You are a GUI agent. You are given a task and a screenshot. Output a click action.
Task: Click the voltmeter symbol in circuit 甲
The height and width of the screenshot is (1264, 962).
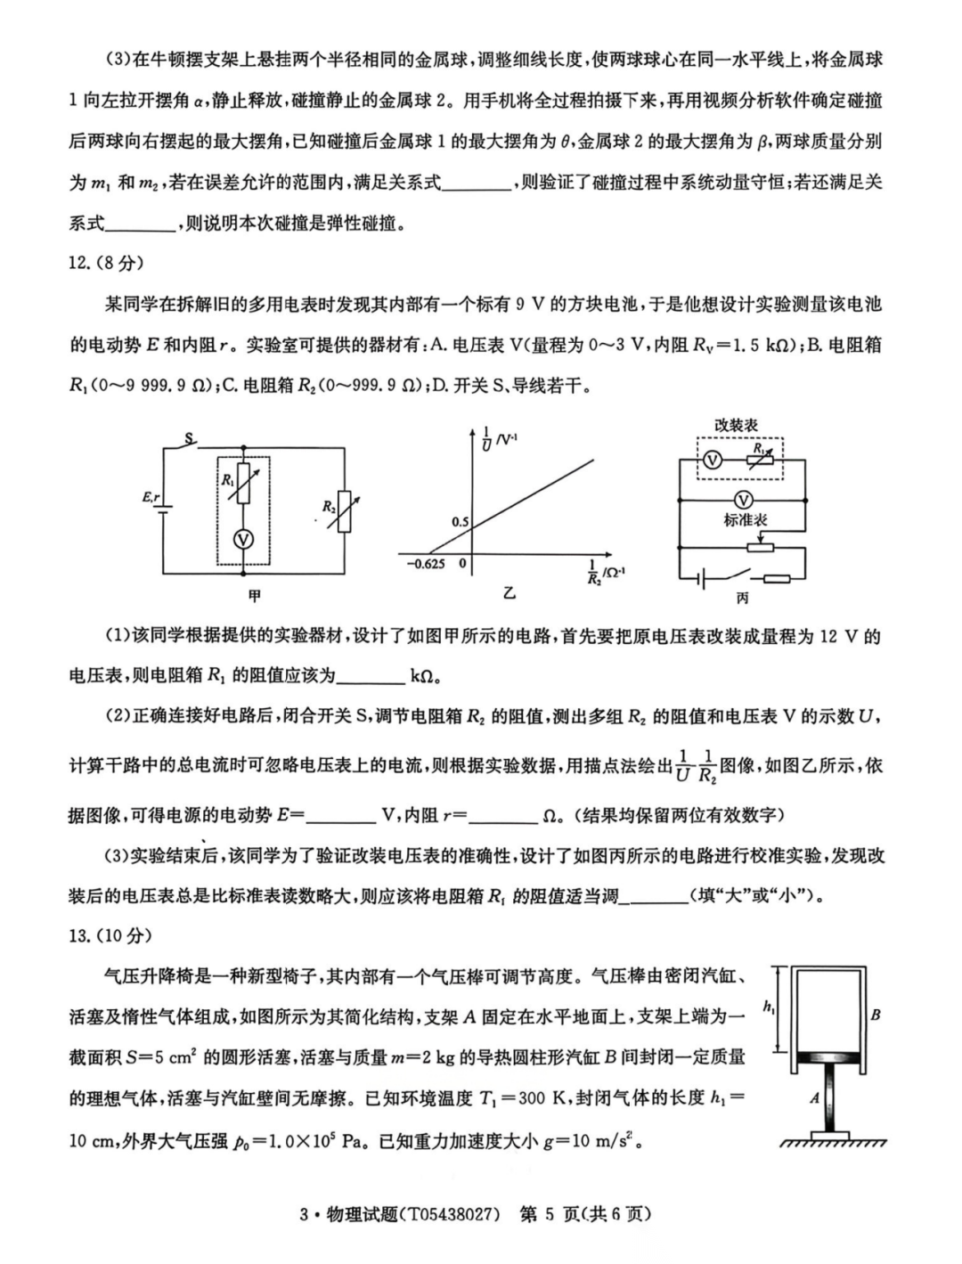click(x=238, y=539)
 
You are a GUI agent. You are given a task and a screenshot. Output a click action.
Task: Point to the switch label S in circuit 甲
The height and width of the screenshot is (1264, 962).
click(x=188, y=438)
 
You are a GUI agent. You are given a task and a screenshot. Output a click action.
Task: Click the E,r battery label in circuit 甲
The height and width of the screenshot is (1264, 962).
click(x=149, y=499)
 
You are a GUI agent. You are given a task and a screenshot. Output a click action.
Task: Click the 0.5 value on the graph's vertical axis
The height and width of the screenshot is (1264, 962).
click(x=459, y=522)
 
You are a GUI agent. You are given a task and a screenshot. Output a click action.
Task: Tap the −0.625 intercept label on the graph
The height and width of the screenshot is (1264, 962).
click(x=427, y=565)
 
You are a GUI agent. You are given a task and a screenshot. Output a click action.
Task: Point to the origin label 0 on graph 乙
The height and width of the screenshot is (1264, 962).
click(x=462, y=565)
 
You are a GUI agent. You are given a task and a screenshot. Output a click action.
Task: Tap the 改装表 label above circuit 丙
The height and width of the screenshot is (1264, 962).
click(x=736, y=426)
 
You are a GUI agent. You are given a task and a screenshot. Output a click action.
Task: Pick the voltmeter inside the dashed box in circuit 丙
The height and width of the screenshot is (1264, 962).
click(x=711, y=460)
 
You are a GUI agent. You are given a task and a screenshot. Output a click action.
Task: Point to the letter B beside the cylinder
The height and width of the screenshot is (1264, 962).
click(x=876, y=1015)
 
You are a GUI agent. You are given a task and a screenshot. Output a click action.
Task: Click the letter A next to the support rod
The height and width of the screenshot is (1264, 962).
click(x=815, y=1098)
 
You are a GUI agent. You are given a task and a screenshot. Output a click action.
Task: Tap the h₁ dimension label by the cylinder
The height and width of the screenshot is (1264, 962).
click(x=770, y=1007)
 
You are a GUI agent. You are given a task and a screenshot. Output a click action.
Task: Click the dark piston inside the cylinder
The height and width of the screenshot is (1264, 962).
click(x=830, y=1058)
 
